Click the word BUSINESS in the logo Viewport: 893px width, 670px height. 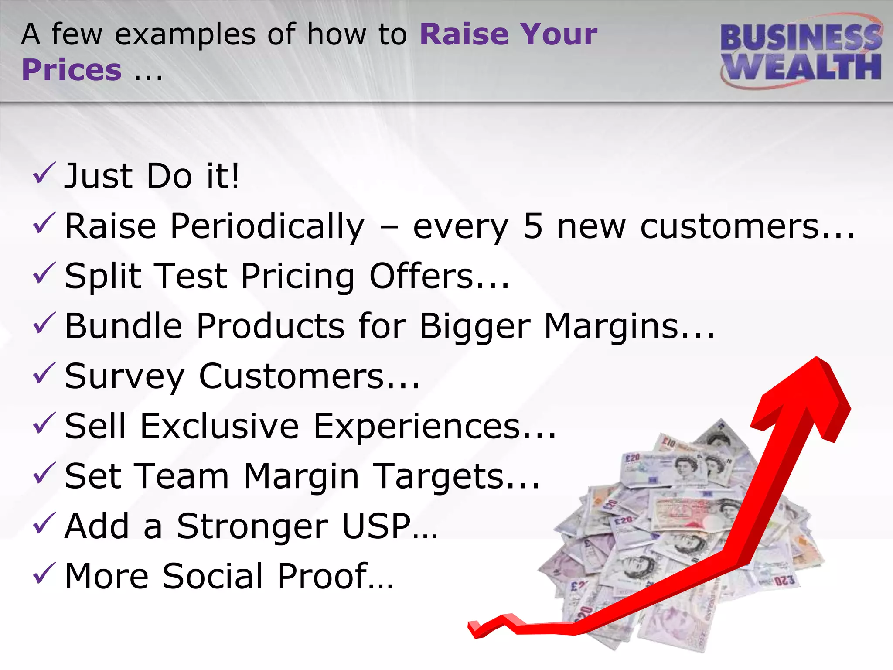(x=800, y=37)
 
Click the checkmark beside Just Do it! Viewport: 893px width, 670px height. (x=44, y=173)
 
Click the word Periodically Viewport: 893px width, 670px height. (x=267, y=227)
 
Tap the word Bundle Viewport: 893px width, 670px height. (x=123, y=326)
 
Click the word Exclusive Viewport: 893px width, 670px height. (x=219, y=426)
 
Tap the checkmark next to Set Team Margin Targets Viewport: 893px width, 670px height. (x=44, y=473)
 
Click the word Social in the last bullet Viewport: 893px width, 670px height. (x=213, y=576)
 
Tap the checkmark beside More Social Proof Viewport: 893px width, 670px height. (x=44, y=573)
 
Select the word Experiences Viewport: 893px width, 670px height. (x=416, y=427)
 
